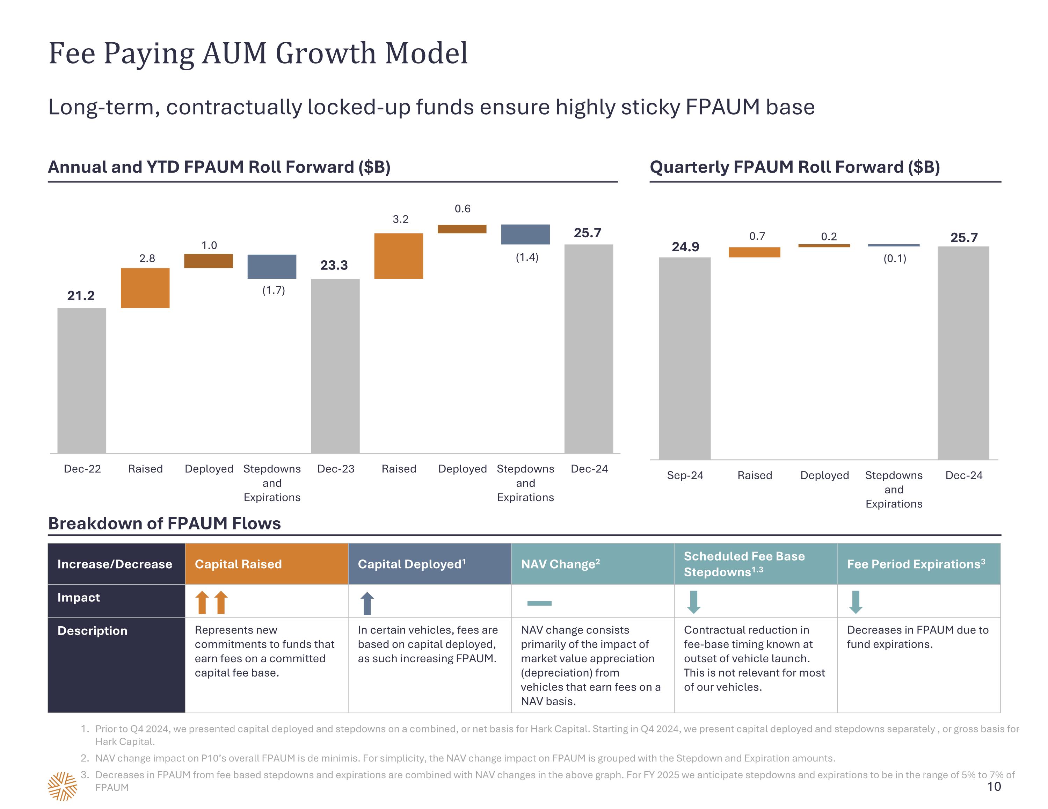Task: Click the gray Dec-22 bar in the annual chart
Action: pyautogui.click(x=82, y=380)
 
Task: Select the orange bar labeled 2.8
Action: pyautogui.click(x=145, y=288)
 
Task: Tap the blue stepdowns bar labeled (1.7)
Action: pyautogui.click(x=271, y=267)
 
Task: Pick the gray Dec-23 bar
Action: pyautogui.click(x=335, y=366)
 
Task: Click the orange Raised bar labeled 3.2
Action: pyautogui.click(x=398, y=256)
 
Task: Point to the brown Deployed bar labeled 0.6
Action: pyautogui.click(x=461, y=229)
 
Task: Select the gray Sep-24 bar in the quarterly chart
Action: pyautogui.click(x=684, y=358)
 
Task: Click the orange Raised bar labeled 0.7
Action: pyautogui.click(x=754, y=252)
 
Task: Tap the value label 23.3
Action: pyautogui.click(x=334, y=265)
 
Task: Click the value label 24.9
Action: pyautogui.click(x=685, y=247)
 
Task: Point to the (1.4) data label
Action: pyautogui.click(x=527, y=257)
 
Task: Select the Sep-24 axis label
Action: pyautogui.click(x=685, y=475)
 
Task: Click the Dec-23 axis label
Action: pyautogui.click(x=335, y=469)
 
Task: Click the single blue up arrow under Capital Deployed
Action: pyautogui.click(x=367, y=603)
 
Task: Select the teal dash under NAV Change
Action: pyautogui.click(x=539, y=603)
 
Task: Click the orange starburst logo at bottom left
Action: pyautogui.click(x=63, y=786)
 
